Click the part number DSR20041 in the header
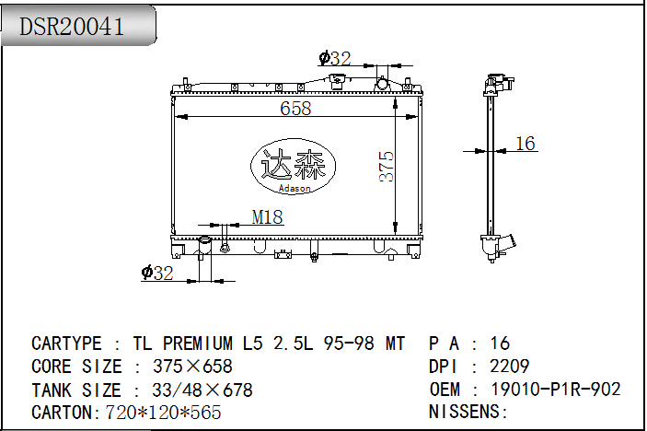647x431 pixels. [x=72, y=27]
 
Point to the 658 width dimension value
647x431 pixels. [x=295, y=109]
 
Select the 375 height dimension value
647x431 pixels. [x=387, y=167]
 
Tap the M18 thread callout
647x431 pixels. [x=268, y=217]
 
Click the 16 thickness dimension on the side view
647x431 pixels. [x=526, y=144]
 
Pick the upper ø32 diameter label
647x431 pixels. [x=335, y=58]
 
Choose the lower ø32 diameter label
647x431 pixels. [x=157, y=273]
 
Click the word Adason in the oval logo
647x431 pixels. [x=295, y=188]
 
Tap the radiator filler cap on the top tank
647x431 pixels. [x=337, y=79]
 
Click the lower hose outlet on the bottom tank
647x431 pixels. [x=204, y=247]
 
